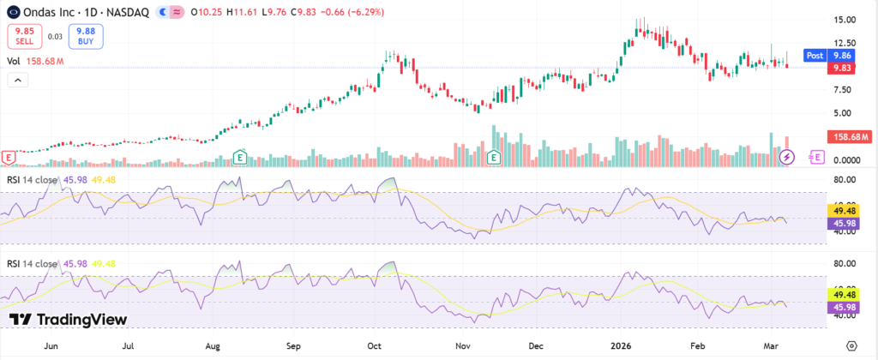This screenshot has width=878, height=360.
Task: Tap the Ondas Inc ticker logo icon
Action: tap(11, 12)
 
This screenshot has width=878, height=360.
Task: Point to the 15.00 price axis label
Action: tap(845, 20)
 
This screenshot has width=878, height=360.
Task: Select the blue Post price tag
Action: tap(815, 55)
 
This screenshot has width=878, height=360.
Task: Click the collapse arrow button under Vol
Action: tap(18, 80)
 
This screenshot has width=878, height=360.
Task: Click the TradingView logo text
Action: tap(69, 320)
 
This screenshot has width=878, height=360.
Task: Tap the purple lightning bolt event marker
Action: tap(788, 157)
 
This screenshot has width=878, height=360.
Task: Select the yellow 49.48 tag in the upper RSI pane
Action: tap(841, 210)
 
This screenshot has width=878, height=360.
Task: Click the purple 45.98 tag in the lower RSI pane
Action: tap(841, 306)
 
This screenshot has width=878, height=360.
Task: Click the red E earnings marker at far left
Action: tap(9, 157)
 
